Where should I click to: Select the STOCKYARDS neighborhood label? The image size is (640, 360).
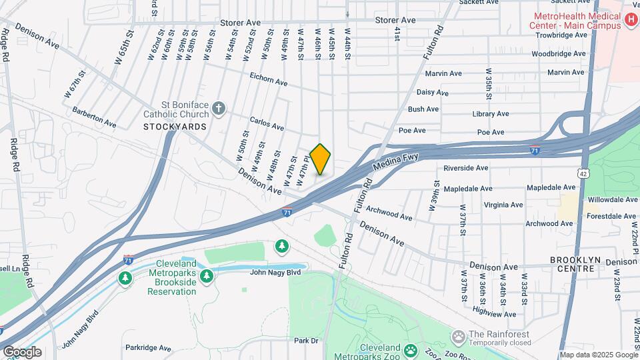click(x=175, y=126)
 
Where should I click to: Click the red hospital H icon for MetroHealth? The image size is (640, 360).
click(x=631, y=21)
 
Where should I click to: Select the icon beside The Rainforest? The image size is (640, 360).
click(x=458, y=335)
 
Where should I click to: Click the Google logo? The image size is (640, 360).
click(x=21, y=352)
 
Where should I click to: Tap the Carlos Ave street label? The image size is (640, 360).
click(x=267, y=123)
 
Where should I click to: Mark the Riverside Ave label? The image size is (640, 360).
click(x=466, y=169)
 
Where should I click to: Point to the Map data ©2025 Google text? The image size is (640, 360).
click(x=597, y=355)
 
